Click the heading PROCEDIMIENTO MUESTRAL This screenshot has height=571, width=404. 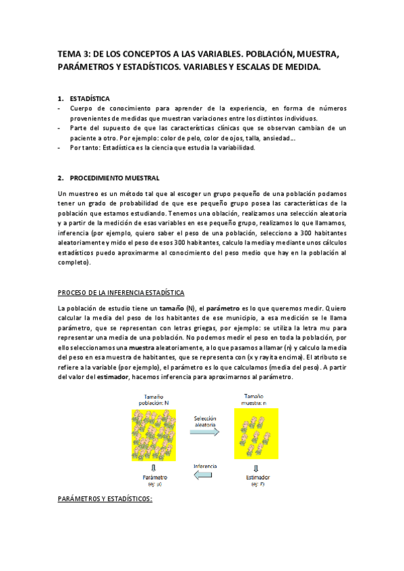tap(115, 178)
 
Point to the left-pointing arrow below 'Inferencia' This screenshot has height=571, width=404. tap(204, 475)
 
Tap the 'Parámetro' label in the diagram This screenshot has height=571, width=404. tap(154, 477)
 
